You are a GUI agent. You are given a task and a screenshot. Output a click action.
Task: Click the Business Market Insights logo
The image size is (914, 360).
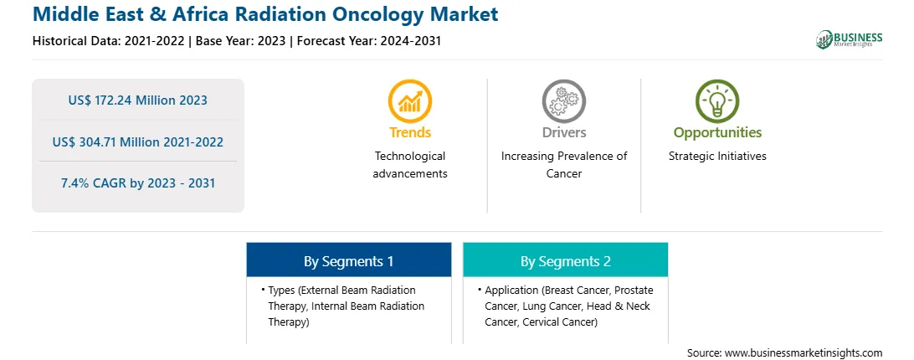pyautogui.click(x=849, y=39)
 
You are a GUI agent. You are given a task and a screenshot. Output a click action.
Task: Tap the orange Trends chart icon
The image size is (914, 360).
pyautogui.click(x=410, y=101)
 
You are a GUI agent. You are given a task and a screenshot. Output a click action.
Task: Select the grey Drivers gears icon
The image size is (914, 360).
pyautogui.click(x=563, y=101)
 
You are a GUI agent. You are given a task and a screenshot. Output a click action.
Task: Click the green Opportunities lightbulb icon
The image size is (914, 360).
pyautogui.click(x=717, y=101)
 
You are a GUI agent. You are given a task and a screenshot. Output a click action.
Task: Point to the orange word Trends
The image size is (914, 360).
pyautogui.click(x=410, y=132)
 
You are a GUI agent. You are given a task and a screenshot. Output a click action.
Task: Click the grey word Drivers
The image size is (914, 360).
pyautogui.click(x=564, y=132)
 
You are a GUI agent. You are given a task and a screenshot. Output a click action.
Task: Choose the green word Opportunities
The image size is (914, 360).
pyautogui.click(x=717, y=132)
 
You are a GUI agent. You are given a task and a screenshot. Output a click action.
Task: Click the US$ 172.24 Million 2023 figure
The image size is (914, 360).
pyautogui.click(x=137, y=100)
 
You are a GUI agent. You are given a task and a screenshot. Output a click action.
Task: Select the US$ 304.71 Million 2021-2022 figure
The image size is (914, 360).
pyautogui.click(x=137, y=141)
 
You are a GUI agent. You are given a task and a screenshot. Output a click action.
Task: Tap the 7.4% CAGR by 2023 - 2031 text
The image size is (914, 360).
pyautogui.click(x=138, y=183)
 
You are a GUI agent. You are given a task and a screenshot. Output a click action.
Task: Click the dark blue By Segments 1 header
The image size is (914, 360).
pyautogui.click(x=348, y=260)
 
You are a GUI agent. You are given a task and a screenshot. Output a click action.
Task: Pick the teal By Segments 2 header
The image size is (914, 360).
pyautogui.click(x=566, y=260)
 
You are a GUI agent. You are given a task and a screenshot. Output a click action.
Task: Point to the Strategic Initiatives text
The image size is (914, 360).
pyautogui.click(x=717, y=156)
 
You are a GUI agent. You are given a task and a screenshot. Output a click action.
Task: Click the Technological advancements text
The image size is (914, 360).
pyautogui.click(x=410, y=165)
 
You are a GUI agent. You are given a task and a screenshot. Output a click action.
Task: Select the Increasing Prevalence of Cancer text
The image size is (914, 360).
pyautogui.click(x=564, y=165)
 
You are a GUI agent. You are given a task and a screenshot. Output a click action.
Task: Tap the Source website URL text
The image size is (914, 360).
pyautogui.click(x=784, y=353)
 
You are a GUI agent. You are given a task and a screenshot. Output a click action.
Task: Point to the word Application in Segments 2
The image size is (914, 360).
pyautogui.click(x=511, y=290)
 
